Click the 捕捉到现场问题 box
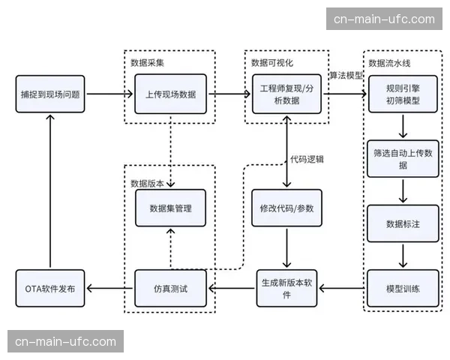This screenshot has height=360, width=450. [50, 94]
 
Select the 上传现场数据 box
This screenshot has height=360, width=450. [170, 94]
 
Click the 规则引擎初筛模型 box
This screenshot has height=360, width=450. [403, 94]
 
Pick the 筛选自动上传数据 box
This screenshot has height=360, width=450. [403, 158]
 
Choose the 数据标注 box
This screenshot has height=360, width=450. [403, 223]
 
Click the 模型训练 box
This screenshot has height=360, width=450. [403, 288]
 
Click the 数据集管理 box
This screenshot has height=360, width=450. [170, 208]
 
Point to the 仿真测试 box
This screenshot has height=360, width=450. [170, 288]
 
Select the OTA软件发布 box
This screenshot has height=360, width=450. [50, 288]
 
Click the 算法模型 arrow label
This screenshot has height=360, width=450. [346, 76]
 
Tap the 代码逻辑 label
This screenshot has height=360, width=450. [307, 159]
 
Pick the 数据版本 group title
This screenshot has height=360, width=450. [147, 182]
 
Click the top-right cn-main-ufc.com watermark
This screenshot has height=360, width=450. [384, 19]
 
